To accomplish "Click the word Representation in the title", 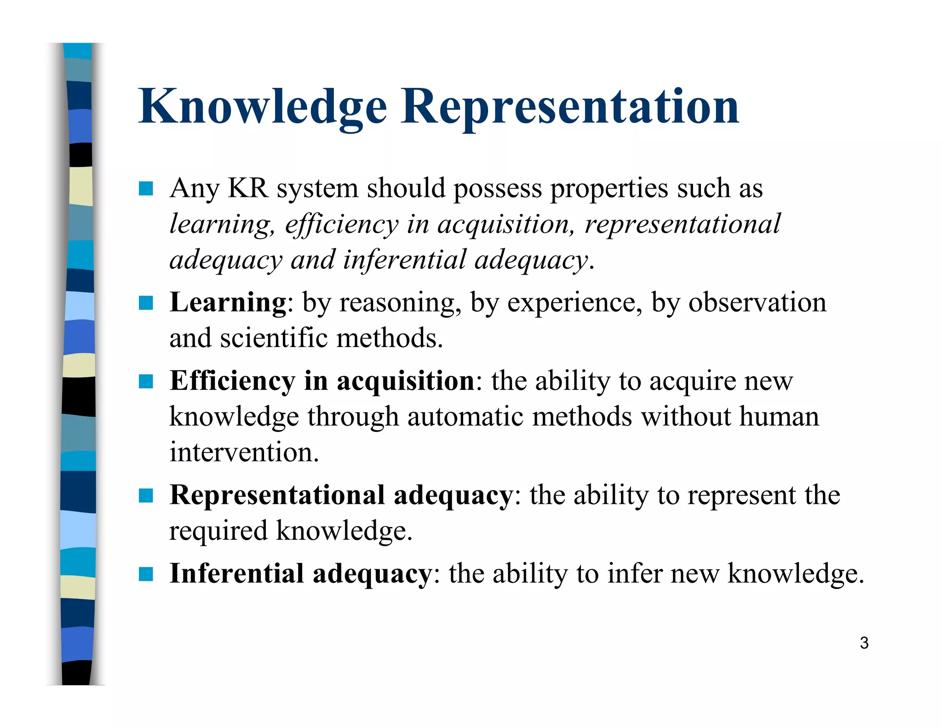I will tap(569, 107).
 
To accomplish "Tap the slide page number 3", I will tap(864, 643).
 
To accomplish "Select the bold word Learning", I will tap(228, 303).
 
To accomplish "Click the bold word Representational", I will tap(277, 495).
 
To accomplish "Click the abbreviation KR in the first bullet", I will tap(248, 188).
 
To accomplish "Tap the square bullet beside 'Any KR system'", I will tap(146, 189).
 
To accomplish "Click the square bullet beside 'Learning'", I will tap(146, 303).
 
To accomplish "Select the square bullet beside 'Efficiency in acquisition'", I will tap(146, 381).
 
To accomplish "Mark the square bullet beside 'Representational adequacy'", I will tap(146, 496).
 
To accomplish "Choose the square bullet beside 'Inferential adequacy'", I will tap(146, 574).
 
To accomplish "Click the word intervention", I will tap(244, 452).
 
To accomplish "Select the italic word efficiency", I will tap(341, 225).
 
